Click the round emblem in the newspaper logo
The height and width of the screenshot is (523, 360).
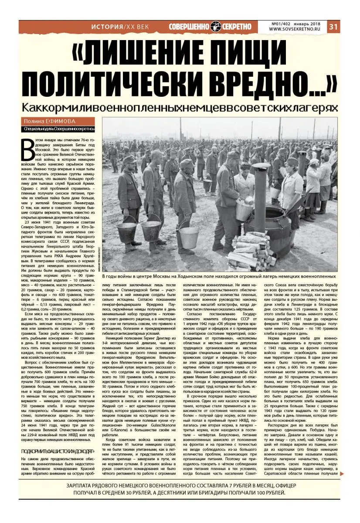click(217, 27)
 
